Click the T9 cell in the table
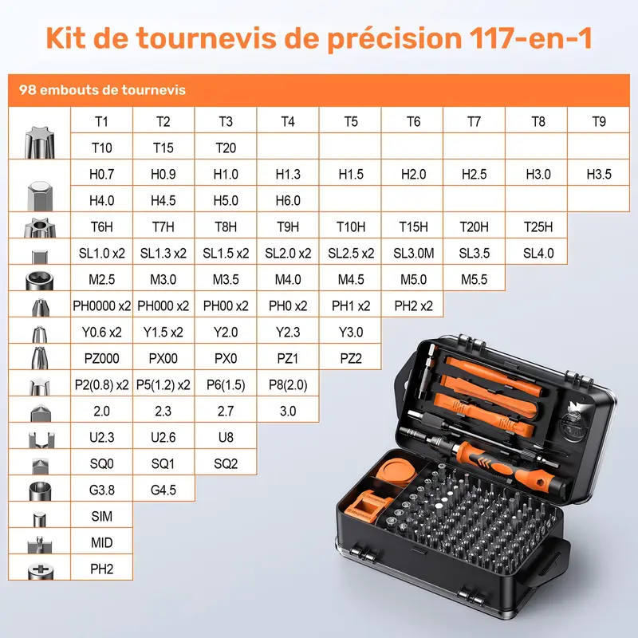coord(599,121)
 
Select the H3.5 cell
coord(599,174)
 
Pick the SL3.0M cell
coord(413,253)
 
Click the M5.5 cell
coord(474,280)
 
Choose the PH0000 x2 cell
coord(102,305)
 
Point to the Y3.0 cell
coord(351,332)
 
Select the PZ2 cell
coord(351,358)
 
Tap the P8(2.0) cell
coord(288,384)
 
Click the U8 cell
coord(226,437)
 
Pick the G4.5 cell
coord(163,490)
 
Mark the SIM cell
coord(102,516)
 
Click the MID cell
coord(102,542)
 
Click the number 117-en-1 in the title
coord(530,38)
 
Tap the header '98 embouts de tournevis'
coord(102,89)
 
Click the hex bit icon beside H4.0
coord(39,196)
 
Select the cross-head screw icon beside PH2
coord(41,571)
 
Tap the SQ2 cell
coord(226,463)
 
